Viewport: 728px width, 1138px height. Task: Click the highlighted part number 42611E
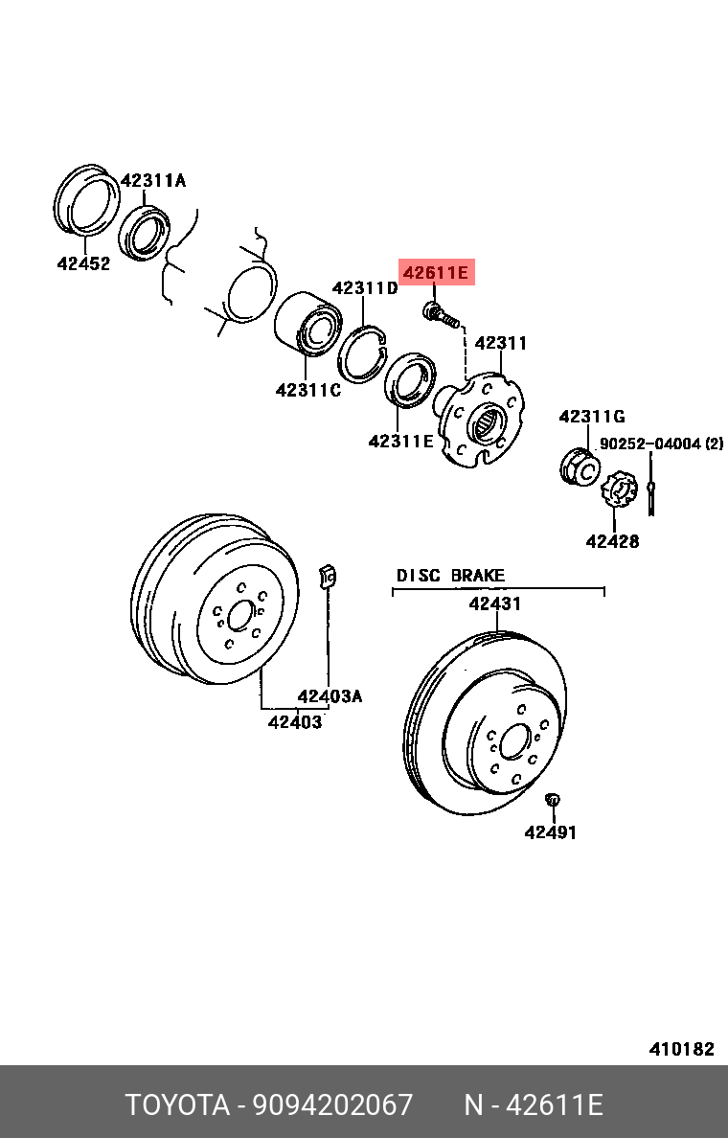[x=437, y=274]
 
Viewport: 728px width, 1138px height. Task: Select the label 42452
[x=83, y=263]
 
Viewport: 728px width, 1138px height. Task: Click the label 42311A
[x=153, y=180]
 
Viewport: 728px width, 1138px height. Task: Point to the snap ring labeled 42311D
[x=364, y=353]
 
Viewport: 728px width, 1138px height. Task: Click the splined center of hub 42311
[x=486, y=422]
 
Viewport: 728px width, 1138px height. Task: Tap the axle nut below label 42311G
[x=579, y=466]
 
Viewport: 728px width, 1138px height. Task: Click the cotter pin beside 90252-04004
[x=650, y=489]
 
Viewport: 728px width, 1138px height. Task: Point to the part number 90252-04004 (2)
[x=661, y=444]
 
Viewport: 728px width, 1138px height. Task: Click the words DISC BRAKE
[x=450, y=576]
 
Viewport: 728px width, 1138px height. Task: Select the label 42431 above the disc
[x=494, y=603]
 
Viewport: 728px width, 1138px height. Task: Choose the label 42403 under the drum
[x=294, y=721]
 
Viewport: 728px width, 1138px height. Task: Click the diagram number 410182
[x=681, y=1049]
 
